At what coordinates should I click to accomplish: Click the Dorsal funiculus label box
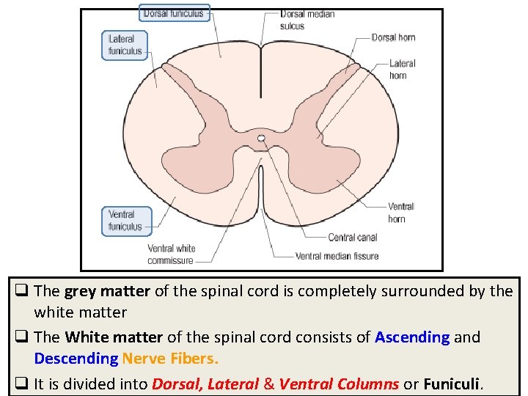click(x=174, y=13)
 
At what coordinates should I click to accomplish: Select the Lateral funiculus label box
click(x=125, y=45)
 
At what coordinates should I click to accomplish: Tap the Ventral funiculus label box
click(x=126, y=221)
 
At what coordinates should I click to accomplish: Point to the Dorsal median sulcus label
click(x=307, y=20)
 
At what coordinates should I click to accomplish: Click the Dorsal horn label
click(x=393, y=37)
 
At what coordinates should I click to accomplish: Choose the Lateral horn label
click(x=402, y=69)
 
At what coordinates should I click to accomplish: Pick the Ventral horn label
click(x=400, y=213)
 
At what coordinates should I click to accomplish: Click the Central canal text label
click(x=352, y=238)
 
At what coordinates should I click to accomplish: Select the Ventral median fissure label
click(x=337, y=256)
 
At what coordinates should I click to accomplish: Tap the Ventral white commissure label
click(x=171, y=254)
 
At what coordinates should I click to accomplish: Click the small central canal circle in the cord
click(x=261, y=137)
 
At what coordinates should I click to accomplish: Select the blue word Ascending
click(x=412, y=337)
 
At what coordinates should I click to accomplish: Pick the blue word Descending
click(x=76, y=359)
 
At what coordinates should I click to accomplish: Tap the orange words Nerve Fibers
click(x=170, y=359)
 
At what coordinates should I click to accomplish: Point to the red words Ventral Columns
click(x=339, y=384)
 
